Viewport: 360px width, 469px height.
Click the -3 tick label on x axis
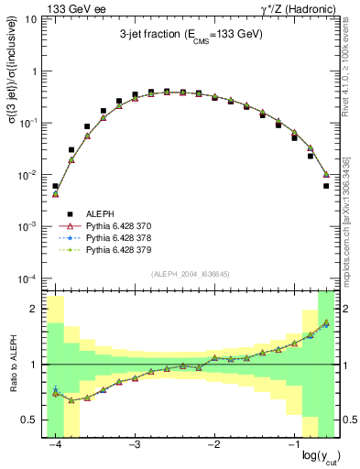pos(134,444)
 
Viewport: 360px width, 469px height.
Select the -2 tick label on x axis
pos(213,444)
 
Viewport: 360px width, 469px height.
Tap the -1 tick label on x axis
pos(292,444)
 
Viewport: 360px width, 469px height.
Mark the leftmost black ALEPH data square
pos(55,186)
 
